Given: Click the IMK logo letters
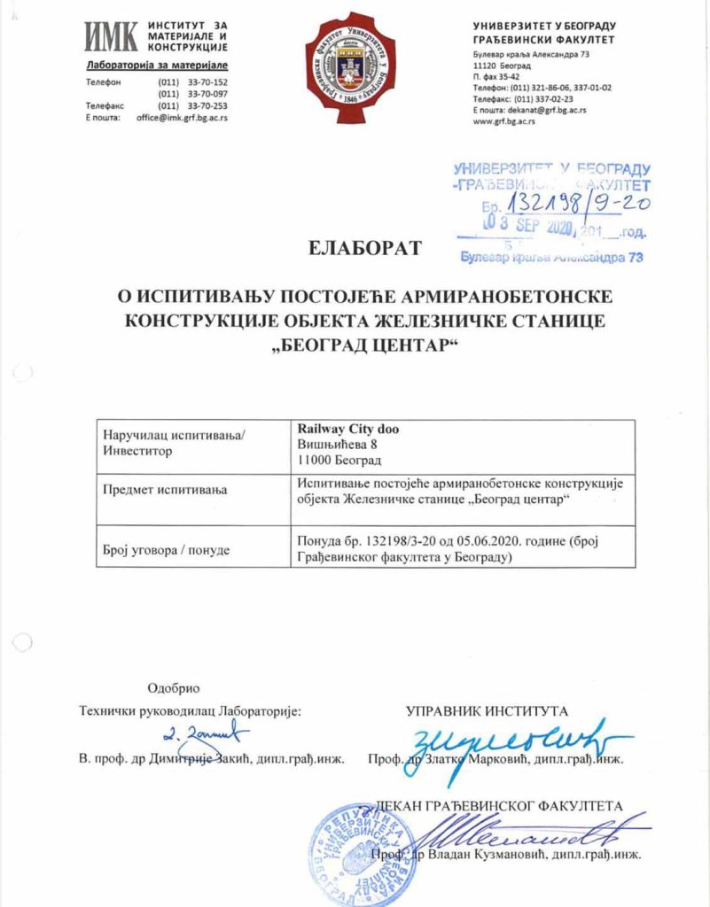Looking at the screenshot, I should coord(110,37).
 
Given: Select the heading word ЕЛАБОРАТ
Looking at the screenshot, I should coord(365,249).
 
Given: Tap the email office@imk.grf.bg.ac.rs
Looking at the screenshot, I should coord(182,118).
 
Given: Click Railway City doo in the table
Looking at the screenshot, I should coord(348,430).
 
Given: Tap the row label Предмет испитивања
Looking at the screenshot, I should coord(166,490).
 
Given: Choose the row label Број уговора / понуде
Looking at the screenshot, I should coord(167,550).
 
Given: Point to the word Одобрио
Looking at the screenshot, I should coord(174,688).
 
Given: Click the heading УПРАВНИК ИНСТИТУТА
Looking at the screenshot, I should coord(487,710).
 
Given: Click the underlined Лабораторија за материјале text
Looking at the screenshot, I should coord(157,66).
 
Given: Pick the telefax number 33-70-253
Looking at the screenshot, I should coord(201,105).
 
